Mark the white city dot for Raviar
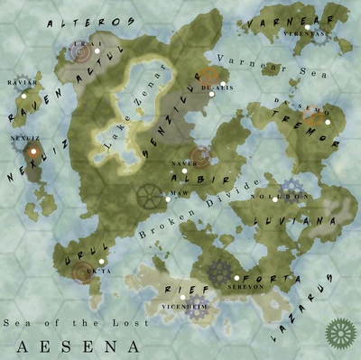click(x=24, y=95)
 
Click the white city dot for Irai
click(x=97, y=51)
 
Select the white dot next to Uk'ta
click(x=101, y=262)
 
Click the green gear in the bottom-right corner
click(x=341, y=333)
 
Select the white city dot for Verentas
click(x=308, y=28)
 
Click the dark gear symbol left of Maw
click(x=149, y=196)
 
